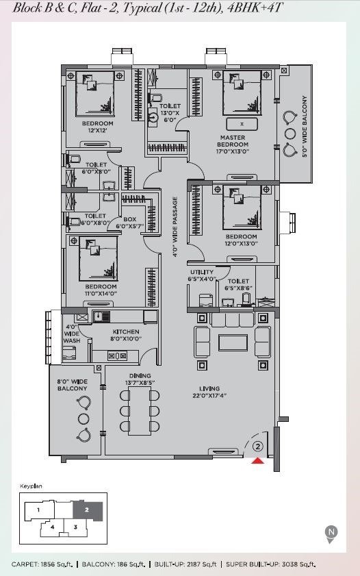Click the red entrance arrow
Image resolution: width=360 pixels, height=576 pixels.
click(x=258, y=461)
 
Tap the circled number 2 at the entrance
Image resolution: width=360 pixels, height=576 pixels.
click(x=258, y=447)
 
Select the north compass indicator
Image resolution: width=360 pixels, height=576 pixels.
click(x=331, y=534)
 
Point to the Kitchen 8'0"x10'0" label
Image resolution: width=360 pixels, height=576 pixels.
click(x=126, y=335)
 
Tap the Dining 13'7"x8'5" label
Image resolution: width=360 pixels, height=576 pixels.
click(x=140, y=379)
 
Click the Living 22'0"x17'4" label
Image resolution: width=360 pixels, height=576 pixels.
click(x=209, y=392)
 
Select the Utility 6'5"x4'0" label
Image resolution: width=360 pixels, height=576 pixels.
click(x=202, y=275)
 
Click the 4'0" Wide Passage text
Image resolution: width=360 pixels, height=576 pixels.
click(x=175, y=227)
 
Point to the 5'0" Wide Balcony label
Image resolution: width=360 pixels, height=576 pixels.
click(x=304, y=127)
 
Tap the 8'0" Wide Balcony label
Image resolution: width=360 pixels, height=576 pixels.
click(x=73, y=385)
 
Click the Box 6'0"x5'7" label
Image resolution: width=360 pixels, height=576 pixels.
click(x=130, y=223)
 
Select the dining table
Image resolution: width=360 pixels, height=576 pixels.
click(x=140, y=411)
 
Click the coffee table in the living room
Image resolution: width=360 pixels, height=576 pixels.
click(x=233, y=342)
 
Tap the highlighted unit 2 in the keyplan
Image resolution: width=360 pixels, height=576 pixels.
click(x=88, y=510)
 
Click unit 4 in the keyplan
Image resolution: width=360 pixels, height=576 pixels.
click(x=53, y=527)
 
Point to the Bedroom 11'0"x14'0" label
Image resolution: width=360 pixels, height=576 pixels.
click(x=101, y=290)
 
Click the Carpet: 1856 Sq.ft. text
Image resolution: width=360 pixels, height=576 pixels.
click(x=42, y=564)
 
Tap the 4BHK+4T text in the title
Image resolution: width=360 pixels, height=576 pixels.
click(x=255, y=8)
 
